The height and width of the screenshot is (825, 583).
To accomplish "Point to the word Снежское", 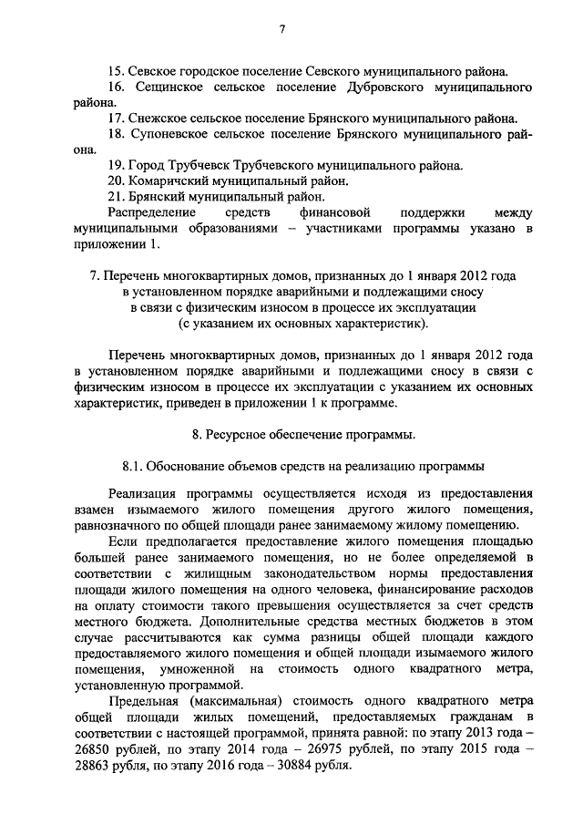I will [x=160, y=119].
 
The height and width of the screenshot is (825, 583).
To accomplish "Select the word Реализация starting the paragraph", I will [x=145, y=495].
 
